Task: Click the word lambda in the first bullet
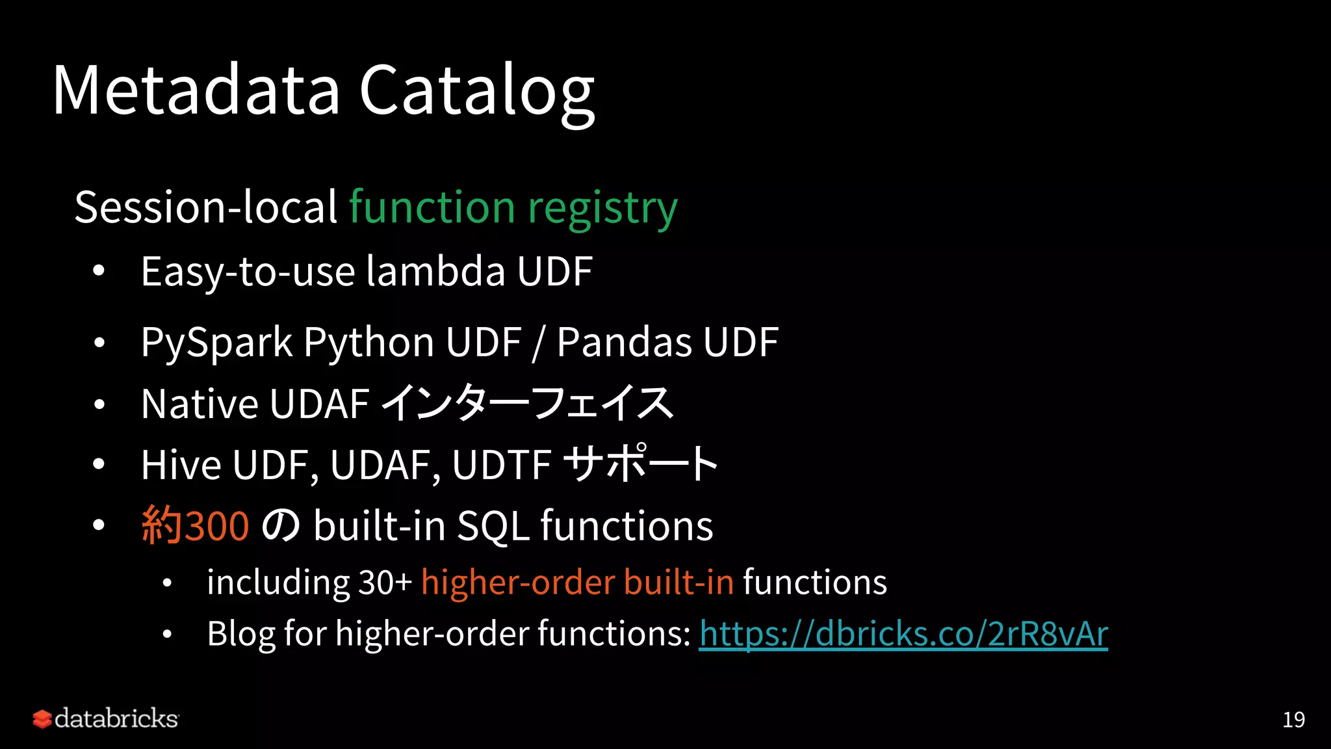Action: click(x=435, y=271)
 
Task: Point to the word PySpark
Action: click(x=216, y=343)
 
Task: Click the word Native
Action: click(x=200, y=404)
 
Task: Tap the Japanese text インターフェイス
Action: click(x=526, y=403)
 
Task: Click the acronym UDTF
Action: click(x=502, y=465)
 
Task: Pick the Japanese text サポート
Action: click(x=640, y=464)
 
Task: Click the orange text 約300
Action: click(x=195, y=525)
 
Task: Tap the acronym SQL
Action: click(x=493, y=525)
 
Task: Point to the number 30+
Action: click(x=385, y=582)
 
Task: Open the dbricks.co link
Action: click(x=903, y=634)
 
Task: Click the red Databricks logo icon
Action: click(x=42, y=719)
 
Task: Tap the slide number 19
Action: click(x=1293, y=720)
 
